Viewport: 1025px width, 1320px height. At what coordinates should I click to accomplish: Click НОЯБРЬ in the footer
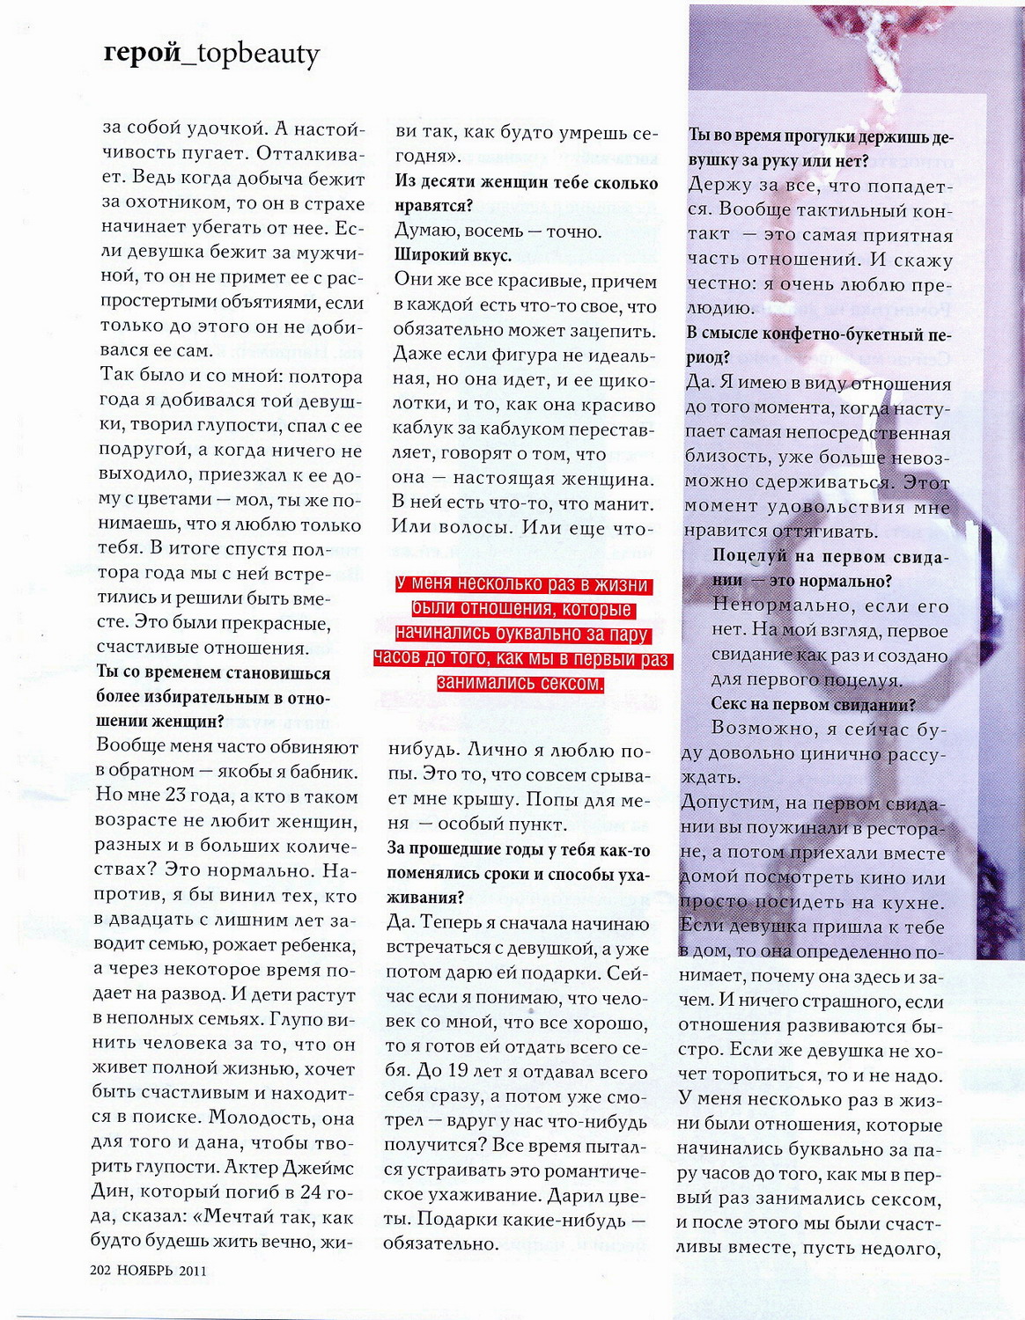coord(147,1270)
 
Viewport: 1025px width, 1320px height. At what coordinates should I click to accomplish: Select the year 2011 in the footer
coord(193,1270)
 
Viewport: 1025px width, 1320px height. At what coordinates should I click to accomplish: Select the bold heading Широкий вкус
coord(453,255)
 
